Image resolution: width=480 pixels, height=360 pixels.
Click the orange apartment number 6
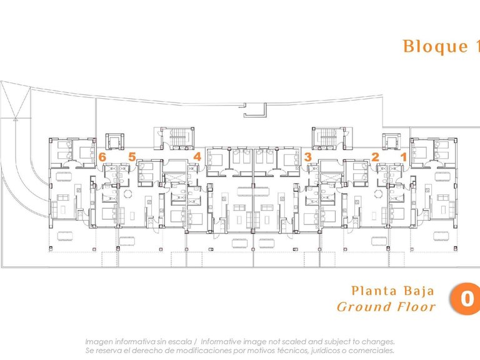coord(102,157)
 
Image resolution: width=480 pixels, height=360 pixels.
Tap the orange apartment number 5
coord(132,157)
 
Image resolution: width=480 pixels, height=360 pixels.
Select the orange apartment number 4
coord(197,157)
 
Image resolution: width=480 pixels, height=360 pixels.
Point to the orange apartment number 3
coord(307,157)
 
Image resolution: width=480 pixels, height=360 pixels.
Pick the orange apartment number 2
coord(375,157)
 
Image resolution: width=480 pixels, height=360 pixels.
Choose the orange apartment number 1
coord(404,157)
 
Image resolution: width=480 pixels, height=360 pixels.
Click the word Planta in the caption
coord(374,291)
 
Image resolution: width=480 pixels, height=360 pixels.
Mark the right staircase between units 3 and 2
coord(326,137)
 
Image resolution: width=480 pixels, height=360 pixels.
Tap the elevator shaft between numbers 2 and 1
coord(391,141)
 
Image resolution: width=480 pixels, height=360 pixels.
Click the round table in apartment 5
coord(127,193)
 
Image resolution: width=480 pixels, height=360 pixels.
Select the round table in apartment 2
coord(376,193)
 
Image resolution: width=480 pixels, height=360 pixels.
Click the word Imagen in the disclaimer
coord(100,342)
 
